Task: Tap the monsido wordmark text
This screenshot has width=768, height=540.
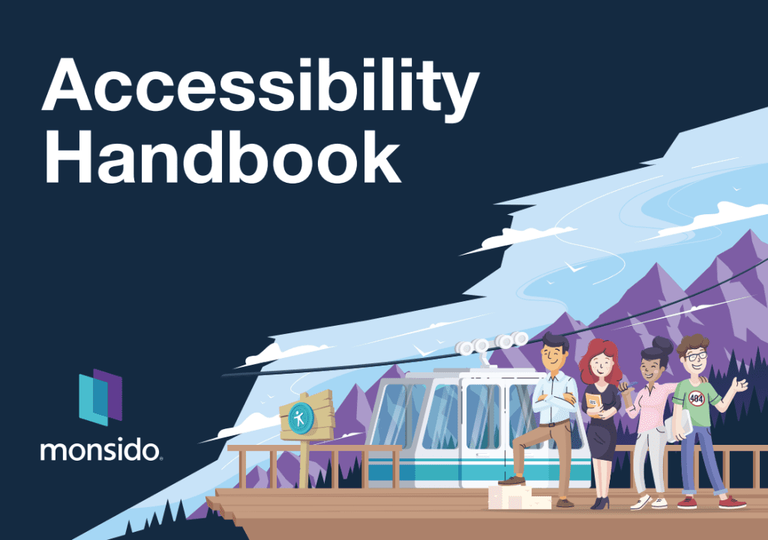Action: [100, 450]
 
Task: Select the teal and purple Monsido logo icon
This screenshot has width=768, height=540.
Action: [100, 397]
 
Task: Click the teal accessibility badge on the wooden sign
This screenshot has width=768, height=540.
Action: [300, 418]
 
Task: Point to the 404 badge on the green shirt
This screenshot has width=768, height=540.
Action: [696, 398]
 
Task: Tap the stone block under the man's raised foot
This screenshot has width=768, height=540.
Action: [518, 497]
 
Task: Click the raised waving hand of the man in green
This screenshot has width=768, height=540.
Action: [739, 384]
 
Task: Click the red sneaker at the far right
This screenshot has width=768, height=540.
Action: [732, 502]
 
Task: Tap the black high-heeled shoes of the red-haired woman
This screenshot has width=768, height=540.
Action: [600, 503]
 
